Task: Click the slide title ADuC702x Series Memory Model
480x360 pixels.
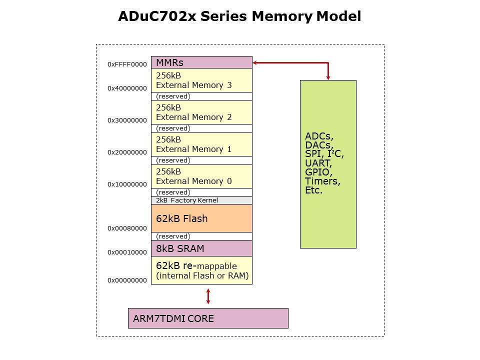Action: tap(239, 16)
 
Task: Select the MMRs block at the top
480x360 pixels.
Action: tap(201, 62)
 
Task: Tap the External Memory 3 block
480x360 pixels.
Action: tap(201, 80)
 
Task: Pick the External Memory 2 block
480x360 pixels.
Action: tap(201, 112)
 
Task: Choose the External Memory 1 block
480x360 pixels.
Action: tap(201, 144)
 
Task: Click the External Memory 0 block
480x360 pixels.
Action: tap(201, 176)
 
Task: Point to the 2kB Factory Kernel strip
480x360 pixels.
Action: tap(201, 200)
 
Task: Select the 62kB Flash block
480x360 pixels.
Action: tap(201, 218)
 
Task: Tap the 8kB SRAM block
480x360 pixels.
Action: tap(201, 248)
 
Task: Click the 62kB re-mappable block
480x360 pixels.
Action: tap(201, 270)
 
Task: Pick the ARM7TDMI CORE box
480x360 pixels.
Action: tap(208, 318)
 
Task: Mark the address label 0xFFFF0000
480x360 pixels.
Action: tap(127, 64)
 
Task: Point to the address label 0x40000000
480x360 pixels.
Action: tap(127, 88)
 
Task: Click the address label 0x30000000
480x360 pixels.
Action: tap(127, 120)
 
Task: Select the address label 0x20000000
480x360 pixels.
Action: tap(127, 152)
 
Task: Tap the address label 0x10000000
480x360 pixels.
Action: tap(127, 184)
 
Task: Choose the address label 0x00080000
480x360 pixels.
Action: tap(127, 228)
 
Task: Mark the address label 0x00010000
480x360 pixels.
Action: tap(127, 252)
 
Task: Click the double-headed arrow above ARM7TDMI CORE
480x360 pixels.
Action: tap(208, 295)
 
